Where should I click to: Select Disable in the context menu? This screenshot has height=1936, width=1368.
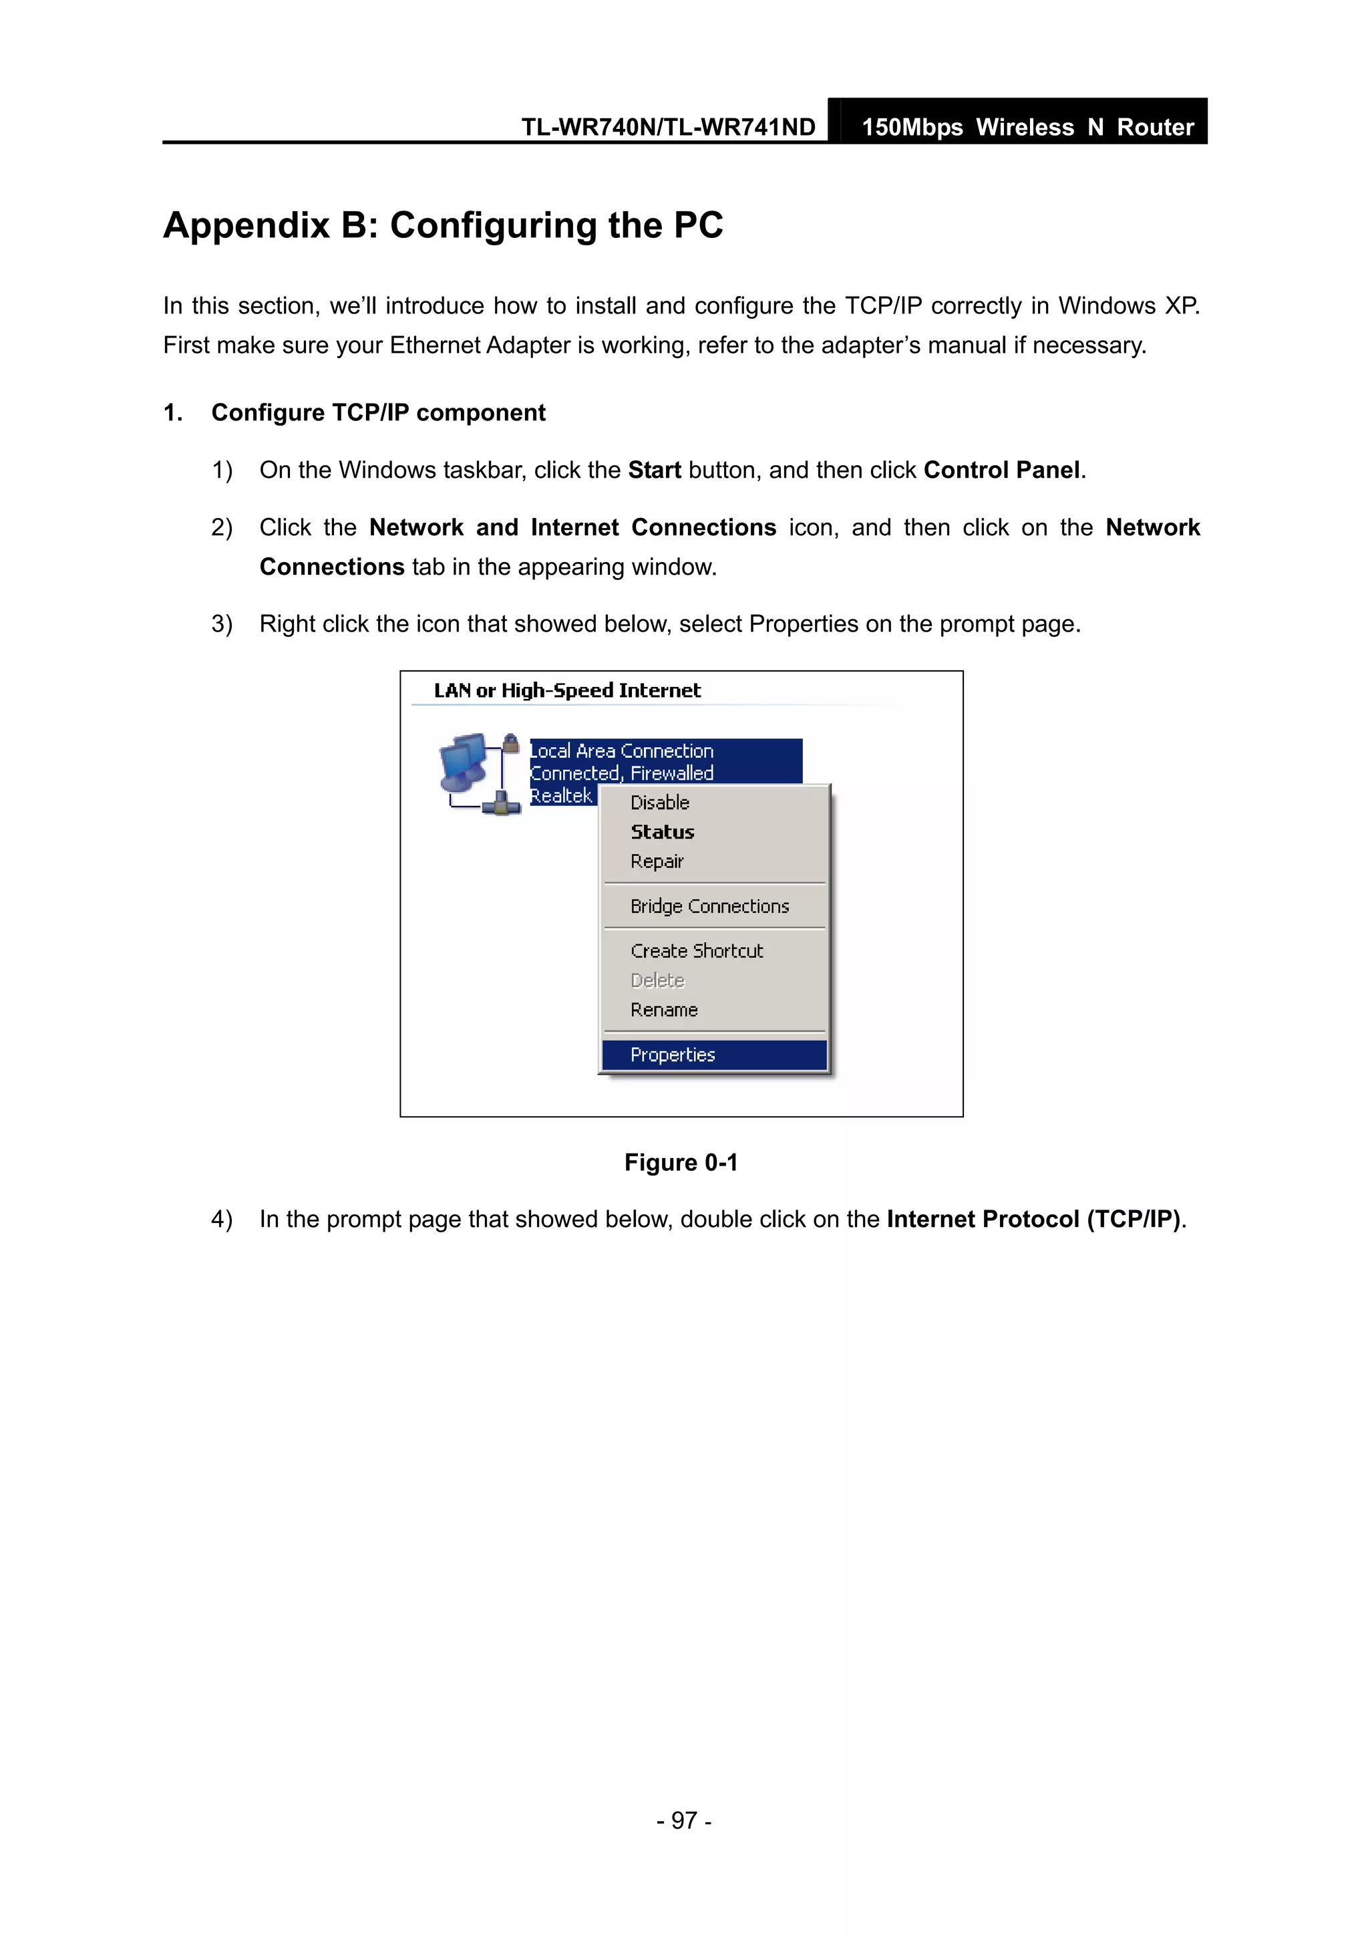point(659,802)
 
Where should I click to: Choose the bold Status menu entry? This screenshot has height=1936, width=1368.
point(662,831)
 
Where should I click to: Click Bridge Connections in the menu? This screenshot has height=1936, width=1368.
point(709,906)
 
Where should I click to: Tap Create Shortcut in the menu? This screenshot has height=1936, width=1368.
point(696,950)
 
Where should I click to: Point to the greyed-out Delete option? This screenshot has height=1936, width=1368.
point(657,980)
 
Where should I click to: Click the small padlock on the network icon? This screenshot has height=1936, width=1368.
point(510,742)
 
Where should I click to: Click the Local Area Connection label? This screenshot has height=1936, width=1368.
point(621,750)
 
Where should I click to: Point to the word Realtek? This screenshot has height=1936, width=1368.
point(560,795)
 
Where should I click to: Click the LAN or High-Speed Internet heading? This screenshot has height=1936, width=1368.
point(566,690)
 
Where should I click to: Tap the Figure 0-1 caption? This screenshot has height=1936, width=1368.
point(681,1162)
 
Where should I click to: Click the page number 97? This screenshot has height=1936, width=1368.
point(683,1820)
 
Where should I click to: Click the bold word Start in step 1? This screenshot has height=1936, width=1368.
point(654,470)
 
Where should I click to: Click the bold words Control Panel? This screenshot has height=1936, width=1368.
point(1001,470)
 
